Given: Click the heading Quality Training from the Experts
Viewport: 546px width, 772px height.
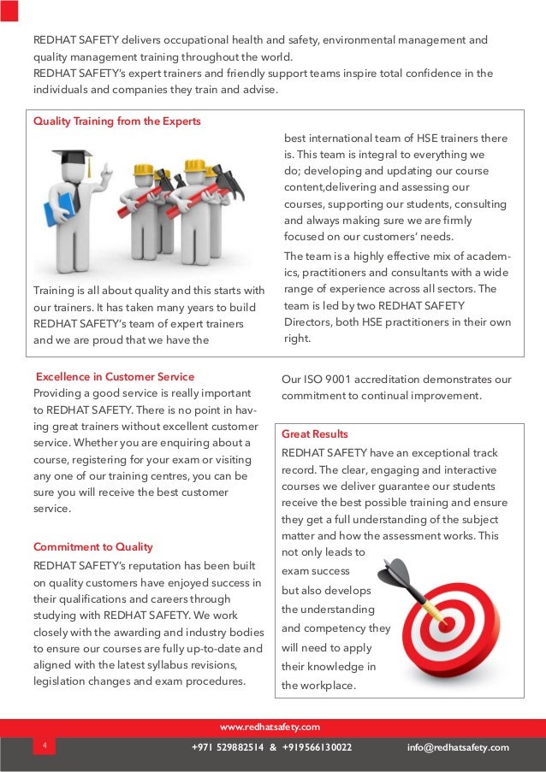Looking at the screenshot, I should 117,121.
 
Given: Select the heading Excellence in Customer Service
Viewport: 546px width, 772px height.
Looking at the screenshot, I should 114,376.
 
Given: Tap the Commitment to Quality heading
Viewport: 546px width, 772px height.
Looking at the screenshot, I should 92,547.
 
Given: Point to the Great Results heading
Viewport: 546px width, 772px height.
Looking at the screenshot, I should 315,434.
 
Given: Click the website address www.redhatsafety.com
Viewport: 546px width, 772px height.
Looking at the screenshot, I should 270,728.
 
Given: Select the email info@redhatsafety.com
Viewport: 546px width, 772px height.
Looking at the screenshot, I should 458,747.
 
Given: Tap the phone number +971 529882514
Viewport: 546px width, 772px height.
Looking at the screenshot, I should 229,747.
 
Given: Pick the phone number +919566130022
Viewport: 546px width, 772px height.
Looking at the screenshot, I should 316,747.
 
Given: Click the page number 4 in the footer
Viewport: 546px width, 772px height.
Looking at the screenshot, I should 43,746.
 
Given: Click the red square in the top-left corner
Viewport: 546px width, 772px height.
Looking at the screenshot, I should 9,9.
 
